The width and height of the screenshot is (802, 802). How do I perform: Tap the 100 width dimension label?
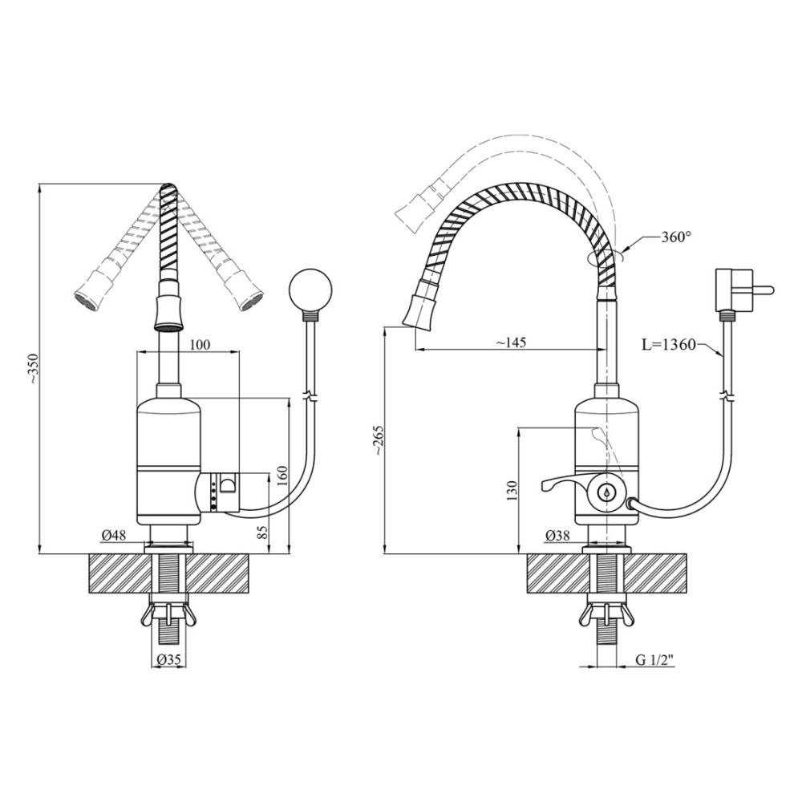coord(200,344)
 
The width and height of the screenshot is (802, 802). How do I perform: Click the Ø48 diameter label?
coord(114,535)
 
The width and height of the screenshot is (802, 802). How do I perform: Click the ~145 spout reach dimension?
coord(510,342)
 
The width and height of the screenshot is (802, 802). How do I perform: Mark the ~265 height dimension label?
coord(378,441)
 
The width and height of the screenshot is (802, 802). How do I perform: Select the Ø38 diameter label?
coord(558,535)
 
